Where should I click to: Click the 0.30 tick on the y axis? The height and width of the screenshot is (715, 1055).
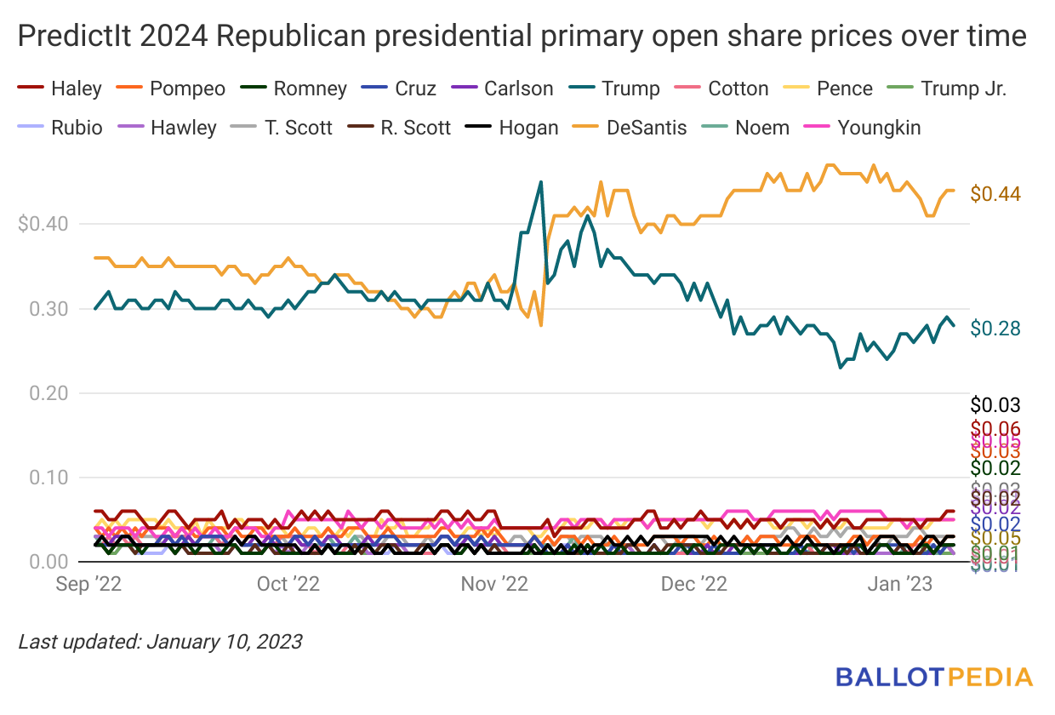coord(48,309)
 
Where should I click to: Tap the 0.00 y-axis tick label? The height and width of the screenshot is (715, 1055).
coord(48,562)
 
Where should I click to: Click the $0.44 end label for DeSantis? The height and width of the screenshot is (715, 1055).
coord(995,194)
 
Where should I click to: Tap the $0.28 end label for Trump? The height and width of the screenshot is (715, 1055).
coord(995,329)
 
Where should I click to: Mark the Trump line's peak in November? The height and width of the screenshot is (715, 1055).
coord(540,181)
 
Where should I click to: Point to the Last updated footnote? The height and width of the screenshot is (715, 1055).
coord(160,641)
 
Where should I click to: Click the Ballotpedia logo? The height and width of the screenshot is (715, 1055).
coord(934,678)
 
